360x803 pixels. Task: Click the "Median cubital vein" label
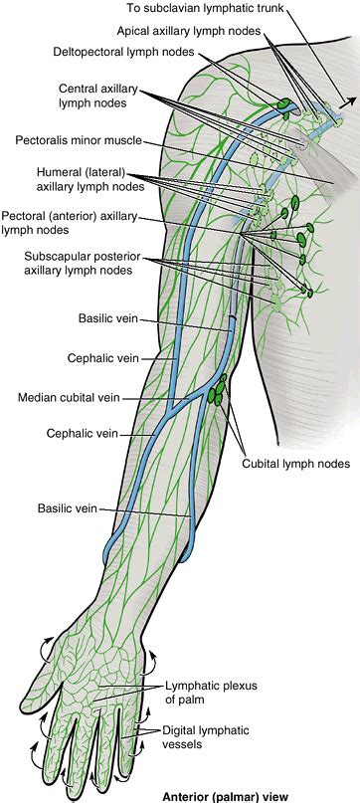coord(69,398)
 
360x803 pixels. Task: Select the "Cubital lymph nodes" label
coord(296,464)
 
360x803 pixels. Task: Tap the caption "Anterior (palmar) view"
coord(231,794)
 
